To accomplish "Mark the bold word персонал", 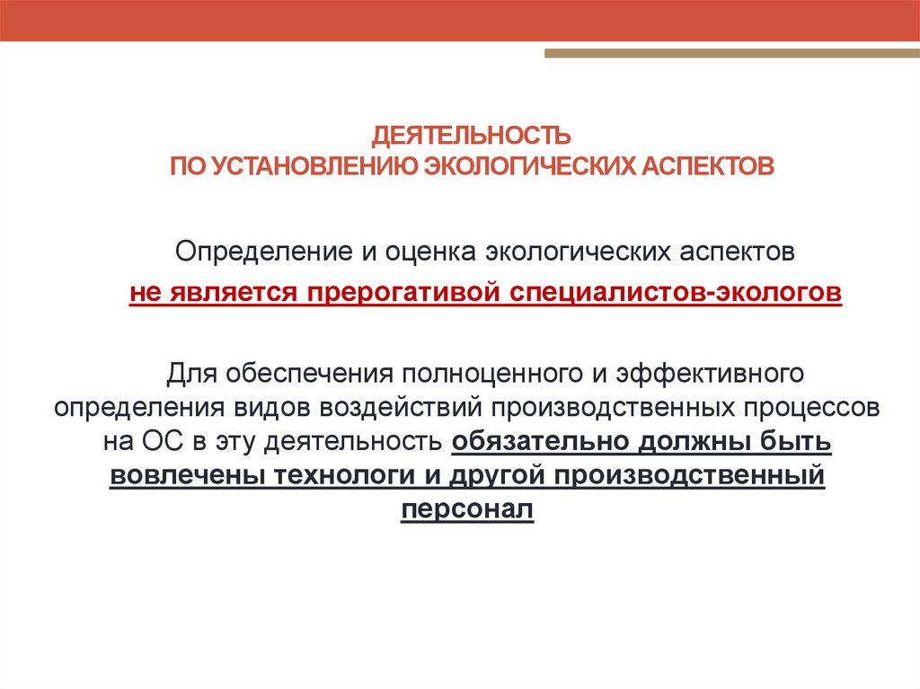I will tap(467, 508).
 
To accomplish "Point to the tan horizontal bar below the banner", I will tap(731, 54).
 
